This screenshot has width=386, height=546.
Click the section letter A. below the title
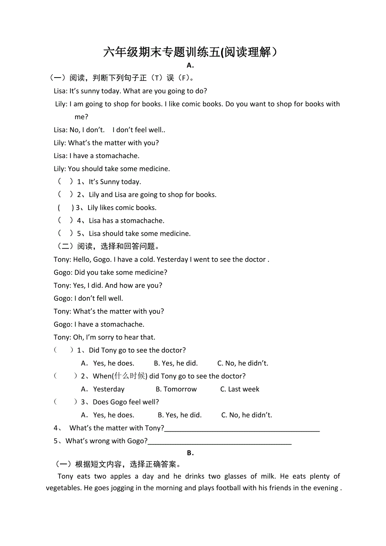click(190, 65)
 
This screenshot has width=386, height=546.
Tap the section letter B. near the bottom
click(190, 453)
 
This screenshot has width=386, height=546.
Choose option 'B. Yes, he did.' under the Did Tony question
click(176, 363)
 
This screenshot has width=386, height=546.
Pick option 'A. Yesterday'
click(103, 389)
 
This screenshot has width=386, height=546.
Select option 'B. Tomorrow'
click(176, 389)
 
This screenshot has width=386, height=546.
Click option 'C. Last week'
click(240, 389)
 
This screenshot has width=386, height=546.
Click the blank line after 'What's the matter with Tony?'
click(242, 429)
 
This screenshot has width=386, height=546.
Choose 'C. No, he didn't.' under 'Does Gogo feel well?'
click(247, 415)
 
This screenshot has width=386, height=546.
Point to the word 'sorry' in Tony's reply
click(105, 337)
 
